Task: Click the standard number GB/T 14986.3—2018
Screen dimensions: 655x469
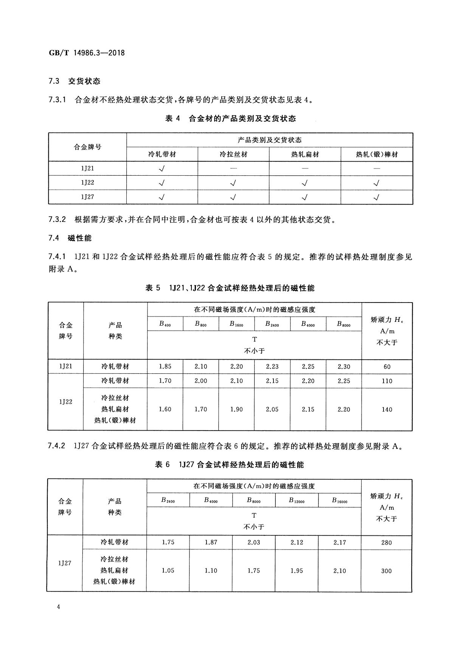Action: [x=87, y=53]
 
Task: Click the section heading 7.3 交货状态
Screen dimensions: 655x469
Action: [x=75, y=81]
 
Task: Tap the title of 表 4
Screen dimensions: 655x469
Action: [x=231, y=119]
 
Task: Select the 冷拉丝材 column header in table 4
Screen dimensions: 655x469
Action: [x=233, y=154]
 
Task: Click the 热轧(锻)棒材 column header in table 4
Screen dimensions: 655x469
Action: [x=377, y=154]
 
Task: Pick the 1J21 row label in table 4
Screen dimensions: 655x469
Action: [x=87, y=168]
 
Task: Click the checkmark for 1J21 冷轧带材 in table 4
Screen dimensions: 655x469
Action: [x=162, y=169]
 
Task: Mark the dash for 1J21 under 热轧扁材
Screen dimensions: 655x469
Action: [x=305, y=168]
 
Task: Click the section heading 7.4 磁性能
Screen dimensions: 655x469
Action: [x=70, y=238]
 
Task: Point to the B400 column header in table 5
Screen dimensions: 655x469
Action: [x=165, y=324]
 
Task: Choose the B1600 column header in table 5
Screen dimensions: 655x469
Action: [x=236, y=324]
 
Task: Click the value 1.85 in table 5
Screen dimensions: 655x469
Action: [x=165, y=366]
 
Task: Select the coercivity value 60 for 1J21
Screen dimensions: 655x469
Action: [x=387, y=366]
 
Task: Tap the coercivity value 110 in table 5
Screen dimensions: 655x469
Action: [x=387, y=381]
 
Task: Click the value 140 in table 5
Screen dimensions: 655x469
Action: [x=387, y=409]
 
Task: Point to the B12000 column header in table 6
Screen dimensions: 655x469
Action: [x=297, y=501]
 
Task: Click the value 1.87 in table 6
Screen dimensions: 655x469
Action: [x=211, y=542]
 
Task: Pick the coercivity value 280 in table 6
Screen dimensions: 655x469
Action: [x=386, y=543]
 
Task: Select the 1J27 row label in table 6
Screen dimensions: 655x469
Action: [x=65, y=563]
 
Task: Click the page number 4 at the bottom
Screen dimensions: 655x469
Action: [x=58, y=607]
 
